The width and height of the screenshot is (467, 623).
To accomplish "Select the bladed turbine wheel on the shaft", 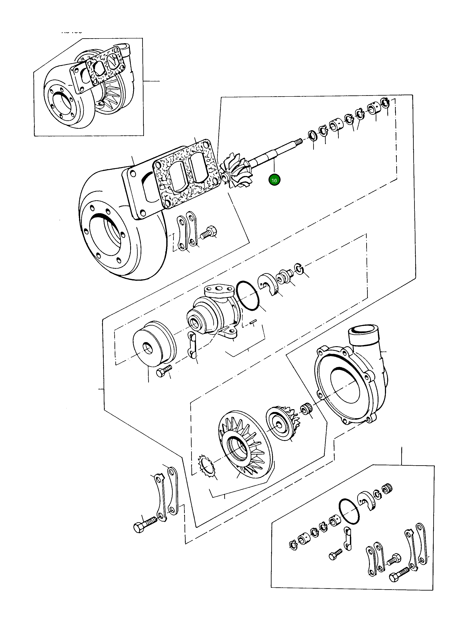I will click(x=236, y=171).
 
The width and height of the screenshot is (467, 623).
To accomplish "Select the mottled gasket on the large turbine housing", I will click(x=186, y=174).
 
